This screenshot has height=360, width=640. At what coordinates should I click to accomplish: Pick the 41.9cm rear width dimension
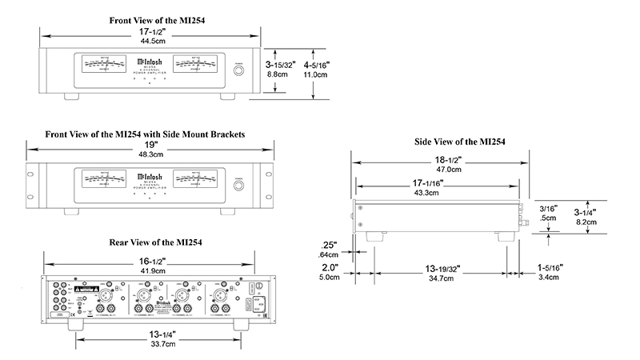point(150,271)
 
